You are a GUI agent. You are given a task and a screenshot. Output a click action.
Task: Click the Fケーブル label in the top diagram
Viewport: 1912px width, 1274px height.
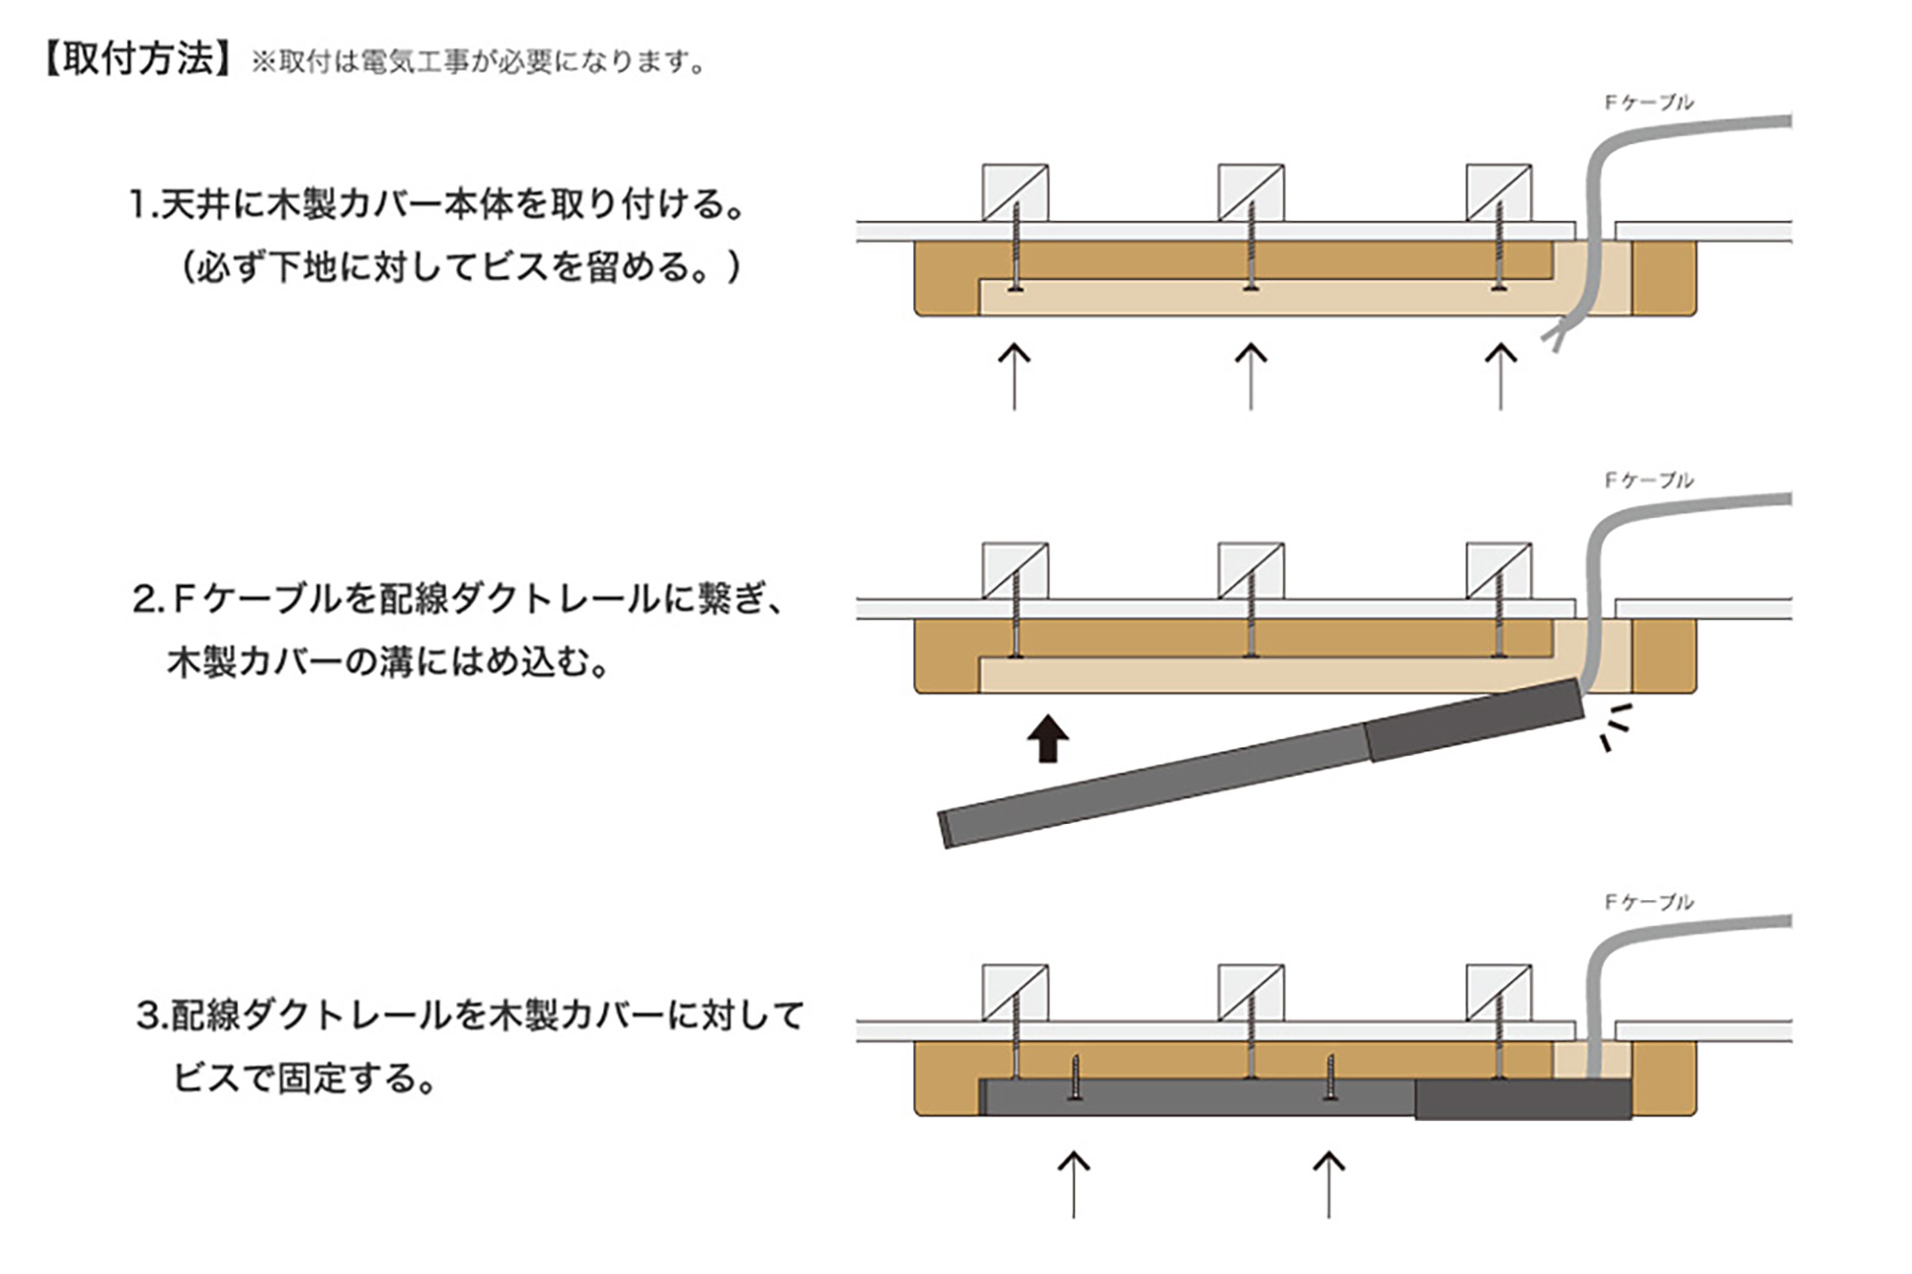[x=1648, y=102]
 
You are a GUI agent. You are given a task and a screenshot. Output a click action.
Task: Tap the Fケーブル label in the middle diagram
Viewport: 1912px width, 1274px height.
[x=1648, y=480]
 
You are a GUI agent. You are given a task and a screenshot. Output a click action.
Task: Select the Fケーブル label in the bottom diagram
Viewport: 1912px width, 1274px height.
[x=1648, y=901]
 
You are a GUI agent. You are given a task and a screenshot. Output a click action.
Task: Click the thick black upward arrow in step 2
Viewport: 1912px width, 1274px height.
[x=1048, y=738]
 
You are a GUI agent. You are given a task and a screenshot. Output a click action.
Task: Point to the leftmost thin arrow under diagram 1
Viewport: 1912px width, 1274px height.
[x=1014, y=377]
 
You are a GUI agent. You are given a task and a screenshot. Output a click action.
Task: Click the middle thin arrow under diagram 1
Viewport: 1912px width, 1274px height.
[x=1250, y=377]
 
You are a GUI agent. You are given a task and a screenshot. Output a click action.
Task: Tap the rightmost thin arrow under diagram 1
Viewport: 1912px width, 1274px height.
[x=1500, y=377]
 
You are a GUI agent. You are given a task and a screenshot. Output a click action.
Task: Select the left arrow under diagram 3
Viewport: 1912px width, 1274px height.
[x=1074, y=1184]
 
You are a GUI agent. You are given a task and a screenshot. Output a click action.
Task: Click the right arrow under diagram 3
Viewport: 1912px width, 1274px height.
[x=1329, y=1184]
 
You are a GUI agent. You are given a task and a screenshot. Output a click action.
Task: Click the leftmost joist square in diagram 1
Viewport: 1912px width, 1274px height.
[x=1015, y=193]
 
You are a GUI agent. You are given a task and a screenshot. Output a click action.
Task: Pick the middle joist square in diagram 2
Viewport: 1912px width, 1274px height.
[x=1250, y=572]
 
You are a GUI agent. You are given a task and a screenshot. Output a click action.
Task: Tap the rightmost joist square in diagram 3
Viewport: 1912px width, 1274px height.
[x=1499, y=994]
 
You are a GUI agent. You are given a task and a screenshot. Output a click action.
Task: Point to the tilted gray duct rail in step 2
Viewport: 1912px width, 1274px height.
[x=1260, y=763]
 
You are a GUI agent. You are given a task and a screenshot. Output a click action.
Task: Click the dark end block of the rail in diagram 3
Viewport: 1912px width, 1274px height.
[x=1523, y=1099]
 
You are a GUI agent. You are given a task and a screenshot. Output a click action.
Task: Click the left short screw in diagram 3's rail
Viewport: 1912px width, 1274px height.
[x=1075, y=1078]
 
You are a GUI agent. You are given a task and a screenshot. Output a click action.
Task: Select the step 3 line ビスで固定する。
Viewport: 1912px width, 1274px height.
[x=305, y=1078]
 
